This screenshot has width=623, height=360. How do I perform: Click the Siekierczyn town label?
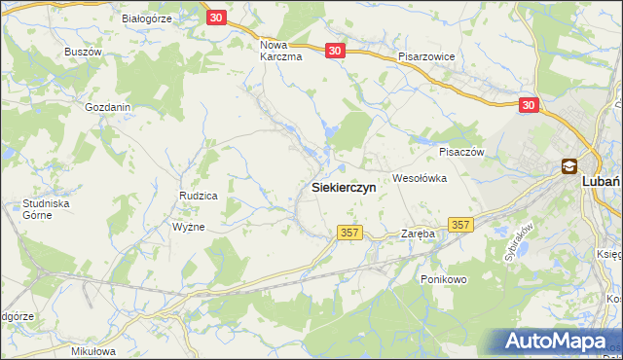pyautogui.click(x=349, y=188)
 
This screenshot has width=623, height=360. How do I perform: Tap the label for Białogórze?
pyautogui.click(x=147, y=18)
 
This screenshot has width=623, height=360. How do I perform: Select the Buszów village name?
pyautogui.click(x=83, y=51)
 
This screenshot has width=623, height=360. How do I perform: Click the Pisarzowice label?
pyautogui.click(x=426, y=57)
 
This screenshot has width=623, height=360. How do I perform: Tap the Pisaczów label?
pyautogui.click(x=461, y=152)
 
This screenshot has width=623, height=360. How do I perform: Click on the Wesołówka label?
pyautogui.click(x=419, y=178)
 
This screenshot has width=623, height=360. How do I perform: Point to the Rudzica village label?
pyautogui.click(x=198, y=196)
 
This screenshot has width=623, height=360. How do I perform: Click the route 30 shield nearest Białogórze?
pyautogui.click(x=217, y=18)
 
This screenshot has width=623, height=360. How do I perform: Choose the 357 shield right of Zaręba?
pyautogui.click(x=461, y=225)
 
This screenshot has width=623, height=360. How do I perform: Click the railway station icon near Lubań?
pyautogui.click(x=568, y=167)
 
